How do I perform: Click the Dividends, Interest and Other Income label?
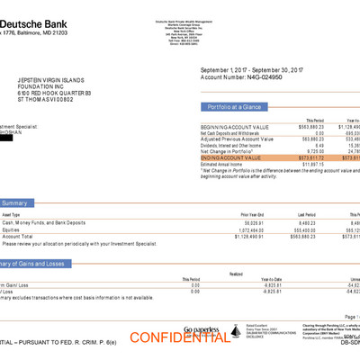(237, 145)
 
